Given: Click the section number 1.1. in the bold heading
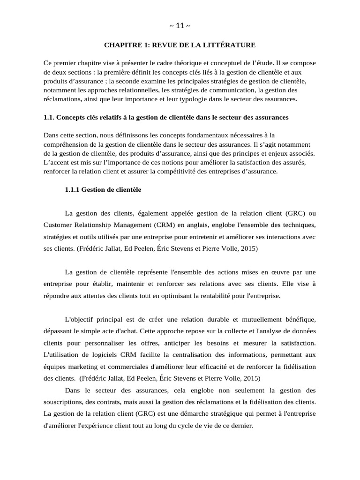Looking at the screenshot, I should (x=49, y=117).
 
